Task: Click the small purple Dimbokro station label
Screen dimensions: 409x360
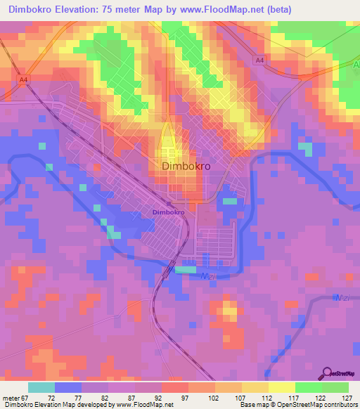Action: tap(168, 212)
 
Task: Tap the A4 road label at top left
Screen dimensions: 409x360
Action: tap(24, 80)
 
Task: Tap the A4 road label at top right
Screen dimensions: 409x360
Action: tap(259, 61)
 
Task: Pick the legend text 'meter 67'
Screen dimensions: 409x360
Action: tap(15, 397)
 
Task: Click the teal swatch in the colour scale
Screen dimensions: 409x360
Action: tap(41, 387)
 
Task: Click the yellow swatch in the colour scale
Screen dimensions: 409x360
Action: tap(281, 387)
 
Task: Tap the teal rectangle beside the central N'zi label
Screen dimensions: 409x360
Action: tap(186, 270)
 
